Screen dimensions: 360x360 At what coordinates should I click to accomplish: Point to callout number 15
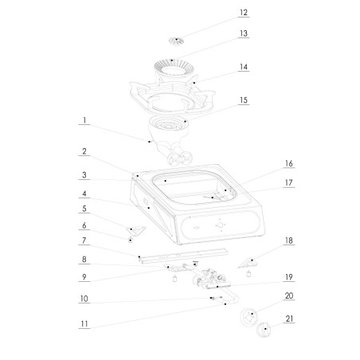click(244, 101)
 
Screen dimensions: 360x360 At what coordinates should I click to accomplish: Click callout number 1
click(83, 121)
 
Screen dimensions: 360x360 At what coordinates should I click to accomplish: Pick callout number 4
click(83, 194)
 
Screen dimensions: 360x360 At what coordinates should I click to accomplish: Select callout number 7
click(83, 241)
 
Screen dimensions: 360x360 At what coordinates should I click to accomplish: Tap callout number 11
click(83, 325)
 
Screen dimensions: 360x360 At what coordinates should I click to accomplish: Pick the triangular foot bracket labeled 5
click(137, 230)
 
